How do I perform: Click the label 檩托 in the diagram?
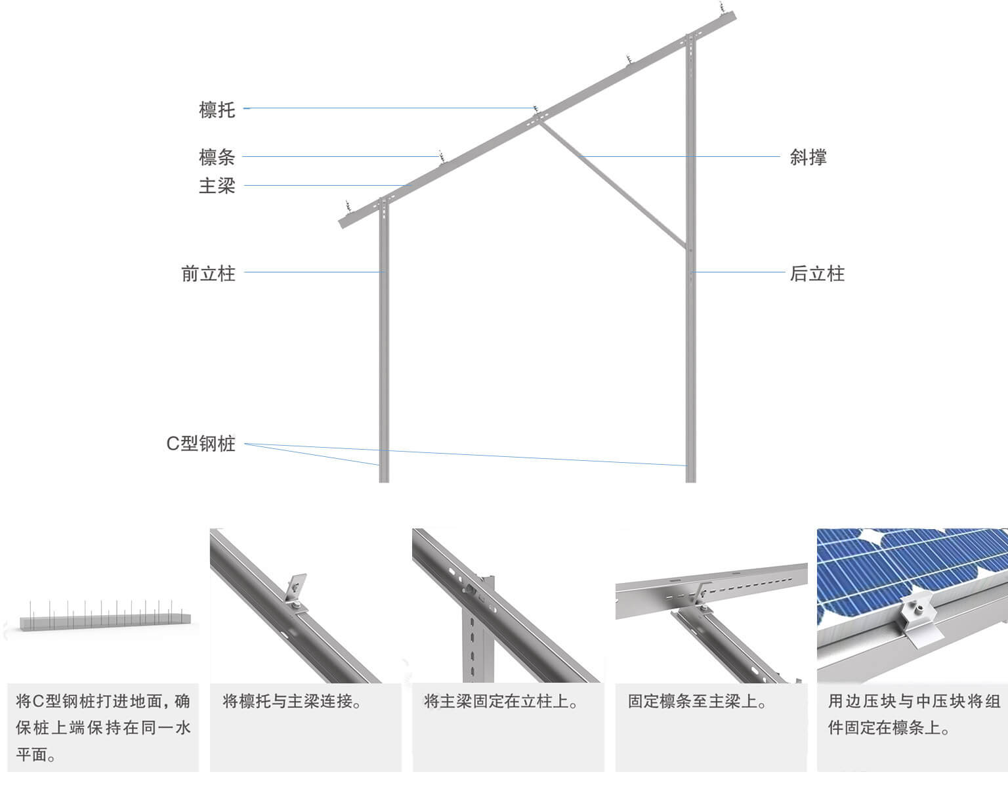point(217,109)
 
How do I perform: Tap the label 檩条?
point(217,158)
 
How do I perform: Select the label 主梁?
point(217,186)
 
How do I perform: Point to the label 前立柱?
point(208,273)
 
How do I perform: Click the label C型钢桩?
point(201,444)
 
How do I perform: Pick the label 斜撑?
point(808,158)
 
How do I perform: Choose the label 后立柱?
point(817,273)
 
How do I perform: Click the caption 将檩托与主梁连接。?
point(293,701)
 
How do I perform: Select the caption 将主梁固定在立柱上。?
point(501,701)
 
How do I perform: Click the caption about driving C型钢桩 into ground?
point(103,727)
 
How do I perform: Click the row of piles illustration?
point(102,616)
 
